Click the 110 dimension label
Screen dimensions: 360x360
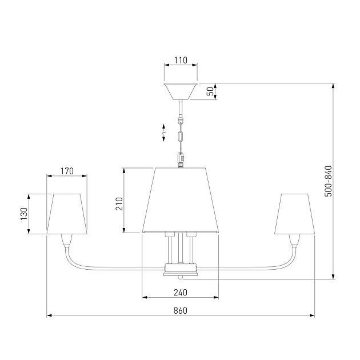pos(181,61)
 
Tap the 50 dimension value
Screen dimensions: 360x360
pos(210,91)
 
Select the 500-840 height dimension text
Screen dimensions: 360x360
pos(329,181)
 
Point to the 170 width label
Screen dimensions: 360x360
pos(67,171)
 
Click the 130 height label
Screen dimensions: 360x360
pos(24,214)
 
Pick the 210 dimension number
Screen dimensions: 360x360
pos(119,203)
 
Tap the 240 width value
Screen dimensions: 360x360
pos(181,293)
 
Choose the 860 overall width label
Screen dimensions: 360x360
pos(181,310)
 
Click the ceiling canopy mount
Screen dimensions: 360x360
pos(181,91)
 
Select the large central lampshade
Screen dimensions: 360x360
pos(181,201)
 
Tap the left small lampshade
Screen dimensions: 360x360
pos(67,214)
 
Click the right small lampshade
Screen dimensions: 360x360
pos(294,214)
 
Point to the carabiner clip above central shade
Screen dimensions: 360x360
pos(181,159)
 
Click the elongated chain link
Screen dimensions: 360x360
pos(181,137)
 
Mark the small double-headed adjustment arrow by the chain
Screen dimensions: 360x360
pos(163,133)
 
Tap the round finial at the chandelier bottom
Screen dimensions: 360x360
pos(181,278)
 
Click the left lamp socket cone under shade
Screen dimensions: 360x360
pos(67,241)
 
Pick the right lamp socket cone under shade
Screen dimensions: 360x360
pos(294,241)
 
